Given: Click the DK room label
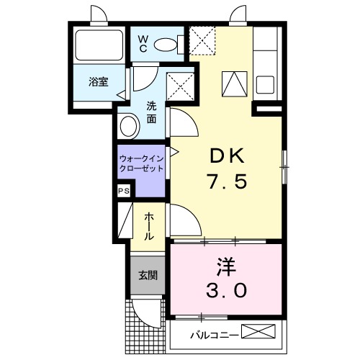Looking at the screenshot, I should (x=228, y=155).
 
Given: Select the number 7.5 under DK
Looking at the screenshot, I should (x=228, y=182).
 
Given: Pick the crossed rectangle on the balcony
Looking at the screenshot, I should (x=259, y=333).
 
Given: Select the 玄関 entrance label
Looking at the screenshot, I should (x=148, y=276).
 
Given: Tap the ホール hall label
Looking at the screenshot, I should (x=148, y=226).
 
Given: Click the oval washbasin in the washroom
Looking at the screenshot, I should (x=130, y=127).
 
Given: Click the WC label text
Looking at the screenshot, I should (x=143, y=42).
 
